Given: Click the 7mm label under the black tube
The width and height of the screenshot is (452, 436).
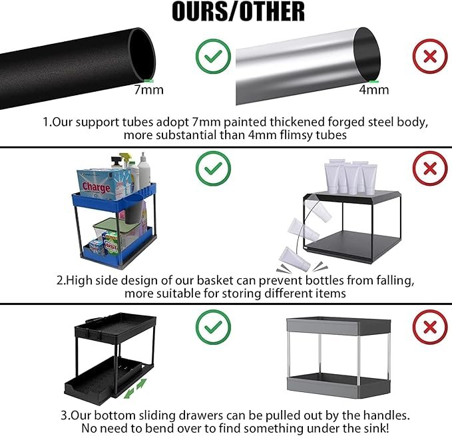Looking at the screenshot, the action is [x=148, y=90].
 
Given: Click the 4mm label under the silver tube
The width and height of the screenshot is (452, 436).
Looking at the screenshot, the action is [x=374, y=90].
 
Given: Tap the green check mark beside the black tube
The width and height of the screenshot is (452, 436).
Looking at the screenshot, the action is [x=213, y=56].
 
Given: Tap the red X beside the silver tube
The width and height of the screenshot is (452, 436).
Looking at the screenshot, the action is [x=430, y=56].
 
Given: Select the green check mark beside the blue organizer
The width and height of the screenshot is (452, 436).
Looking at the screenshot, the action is [x=213, y=168].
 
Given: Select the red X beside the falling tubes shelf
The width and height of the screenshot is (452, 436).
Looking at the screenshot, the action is [x=430, y=168].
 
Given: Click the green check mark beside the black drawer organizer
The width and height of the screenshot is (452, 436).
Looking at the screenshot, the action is [x=213, y=327].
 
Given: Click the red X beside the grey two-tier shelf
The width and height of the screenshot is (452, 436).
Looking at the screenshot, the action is [x=430, y=327].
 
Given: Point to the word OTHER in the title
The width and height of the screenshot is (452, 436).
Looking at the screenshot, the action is [x=272, y=11].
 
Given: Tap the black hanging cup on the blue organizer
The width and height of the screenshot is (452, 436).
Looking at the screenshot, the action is [x=133, y=210].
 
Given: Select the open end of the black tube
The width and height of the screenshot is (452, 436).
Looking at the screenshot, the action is [x=142, y=54].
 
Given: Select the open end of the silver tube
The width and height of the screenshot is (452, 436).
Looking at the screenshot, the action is [x=367, y=55].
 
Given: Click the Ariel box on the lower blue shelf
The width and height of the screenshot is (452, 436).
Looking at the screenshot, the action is [x=111, y=244].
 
